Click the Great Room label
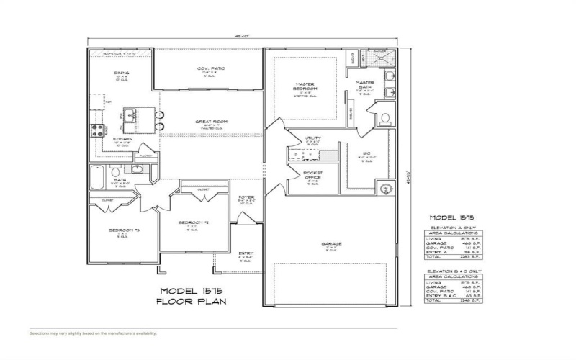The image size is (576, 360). click(211, 122)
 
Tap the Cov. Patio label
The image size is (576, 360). click(211, 68)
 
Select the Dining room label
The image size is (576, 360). click(121, 73)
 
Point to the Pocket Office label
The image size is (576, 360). click(312, 175)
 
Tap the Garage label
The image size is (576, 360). click(332, 244)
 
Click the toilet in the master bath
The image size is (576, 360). click(384, 117)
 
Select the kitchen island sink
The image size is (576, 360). click(132, 114)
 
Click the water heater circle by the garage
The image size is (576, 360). click(385, 189)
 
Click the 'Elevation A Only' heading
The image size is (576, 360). click(449, 228)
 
